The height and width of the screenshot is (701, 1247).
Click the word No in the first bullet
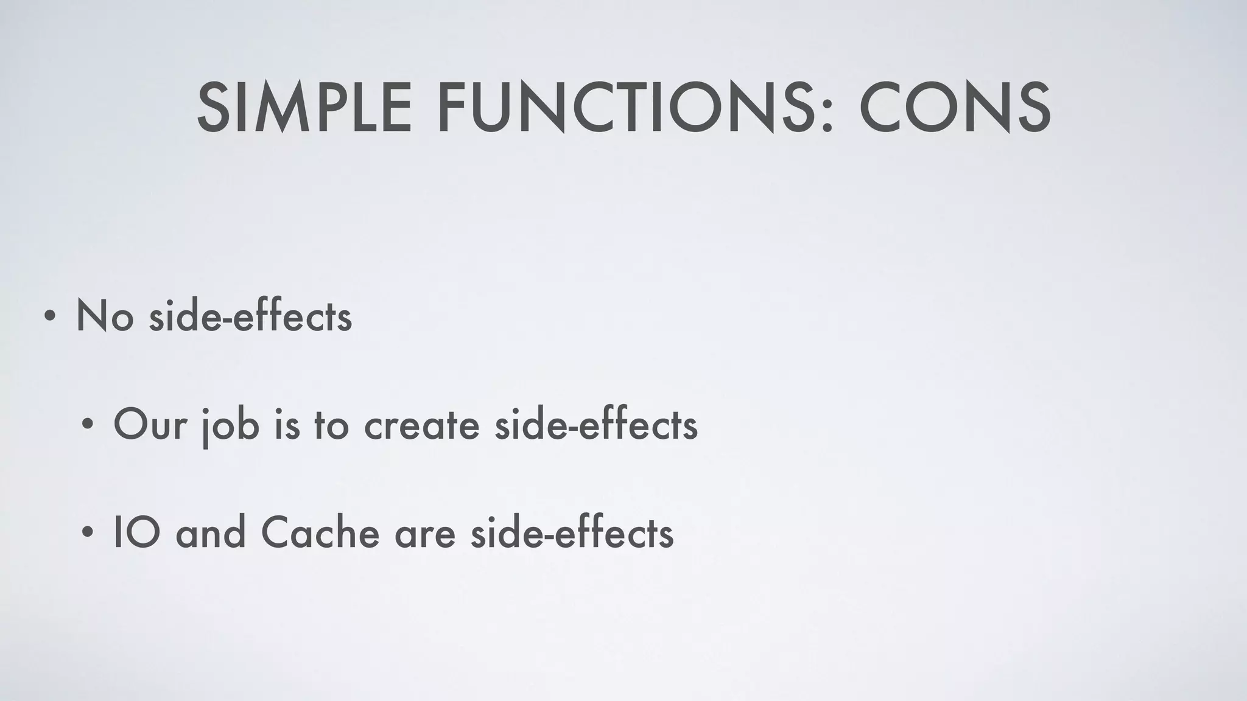click(104, 316)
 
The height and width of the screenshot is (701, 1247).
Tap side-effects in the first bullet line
click(250, 316)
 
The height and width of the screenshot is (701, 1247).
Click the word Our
click(150, 425)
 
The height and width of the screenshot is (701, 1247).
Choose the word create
click(421, 425)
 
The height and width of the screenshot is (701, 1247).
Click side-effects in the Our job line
click(595, 425)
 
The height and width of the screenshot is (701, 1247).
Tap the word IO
click(136, 533)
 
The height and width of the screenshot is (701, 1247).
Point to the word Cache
click(320, 533)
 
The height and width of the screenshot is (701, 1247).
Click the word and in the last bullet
click(211, 533)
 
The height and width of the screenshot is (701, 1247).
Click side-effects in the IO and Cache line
click(572, 533)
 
